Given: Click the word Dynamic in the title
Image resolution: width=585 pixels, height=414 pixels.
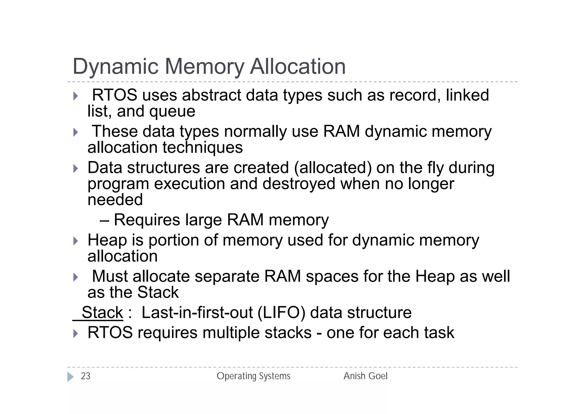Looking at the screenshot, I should tap(115, 67).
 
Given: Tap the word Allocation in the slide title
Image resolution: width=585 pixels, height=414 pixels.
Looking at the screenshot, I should tap(298, 67).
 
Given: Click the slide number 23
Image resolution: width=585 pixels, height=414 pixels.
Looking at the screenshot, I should tap(85, 376).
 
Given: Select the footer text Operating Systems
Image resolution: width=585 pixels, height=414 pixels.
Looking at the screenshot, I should tap(253, 376).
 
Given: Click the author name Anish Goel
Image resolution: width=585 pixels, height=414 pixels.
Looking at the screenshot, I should tap(365, 376).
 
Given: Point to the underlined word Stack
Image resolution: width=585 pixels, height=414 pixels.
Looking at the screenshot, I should tap(102, 312).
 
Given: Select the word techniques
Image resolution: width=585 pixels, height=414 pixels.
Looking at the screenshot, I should tap(203, 148).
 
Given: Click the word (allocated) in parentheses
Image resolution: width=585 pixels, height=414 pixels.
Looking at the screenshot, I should tap(333, 168).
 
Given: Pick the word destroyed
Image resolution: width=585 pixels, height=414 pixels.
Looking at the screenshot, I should tap(299, 184).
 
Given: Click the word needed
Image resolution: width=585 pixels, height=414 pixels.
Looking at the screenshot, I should tap(115, 200).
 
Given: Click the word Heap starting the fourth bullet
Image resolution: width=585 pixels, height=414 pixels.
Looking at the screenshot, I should tap(107, 240).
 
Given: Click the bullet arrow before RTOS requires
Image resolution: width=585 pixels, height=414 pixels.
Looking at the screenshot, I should tap(75, 334).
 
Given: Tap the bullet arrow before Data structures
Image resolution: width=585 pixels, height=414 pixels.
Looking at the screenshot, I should tap(75, 169).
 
